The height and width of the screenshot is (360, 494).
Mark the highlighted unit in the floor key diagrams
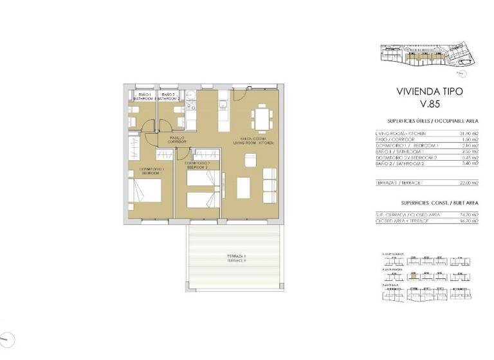pos(415,274)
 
